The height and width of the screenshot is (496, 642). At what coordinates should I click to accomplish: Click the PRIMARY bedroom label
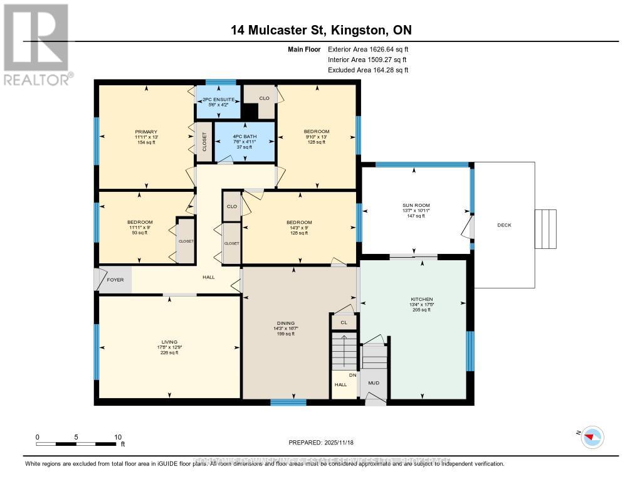point(145,132)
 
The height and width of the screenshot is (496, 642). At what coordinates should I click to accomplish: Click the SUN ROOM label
point(416,205)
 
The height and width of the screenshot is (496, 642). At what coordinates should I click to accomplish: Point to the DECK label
point(505,225)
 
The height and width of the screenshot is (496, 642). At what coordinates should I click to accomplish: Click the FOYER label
point(115,281)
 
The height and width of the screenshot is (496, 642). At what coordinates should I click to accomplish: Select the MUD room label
point(374,383)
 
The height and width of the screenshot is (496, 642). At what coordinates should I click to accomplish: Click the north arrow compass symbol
point(592,437)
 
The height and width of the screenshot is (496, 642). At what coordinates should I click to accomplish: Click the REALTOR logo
point(36,43)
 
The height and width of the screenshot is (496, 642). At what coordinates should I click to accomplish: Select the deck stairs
point(545,225)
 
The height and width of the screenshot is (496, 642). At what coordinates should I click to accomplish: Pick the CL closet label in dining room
point(344,323)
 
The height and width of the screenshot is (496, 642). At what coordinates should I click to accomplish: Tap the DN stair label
point(352,375)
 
